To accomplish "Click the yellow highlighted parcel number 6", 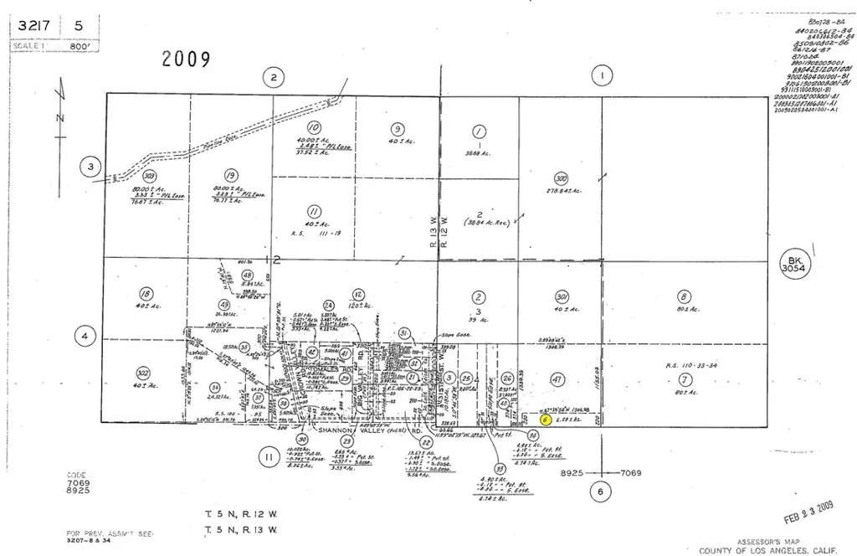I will (x=545, y=420).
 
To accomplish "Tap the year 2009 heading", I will (x=186, y=59).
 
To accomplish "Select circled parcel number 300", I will (x=561, y=178).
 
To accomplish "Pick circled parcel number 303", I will (x=150, y=177).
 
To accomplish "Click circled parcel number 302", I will (x=144, y=374).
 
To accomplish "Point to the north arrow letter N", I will (x=59, y=117).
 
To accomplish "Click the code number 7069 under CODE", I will (x=78, y=484).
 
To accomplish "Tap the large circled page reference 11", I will (x=269, y=457).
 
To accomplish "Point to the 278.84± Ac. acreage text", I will (x=563, y=191).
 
